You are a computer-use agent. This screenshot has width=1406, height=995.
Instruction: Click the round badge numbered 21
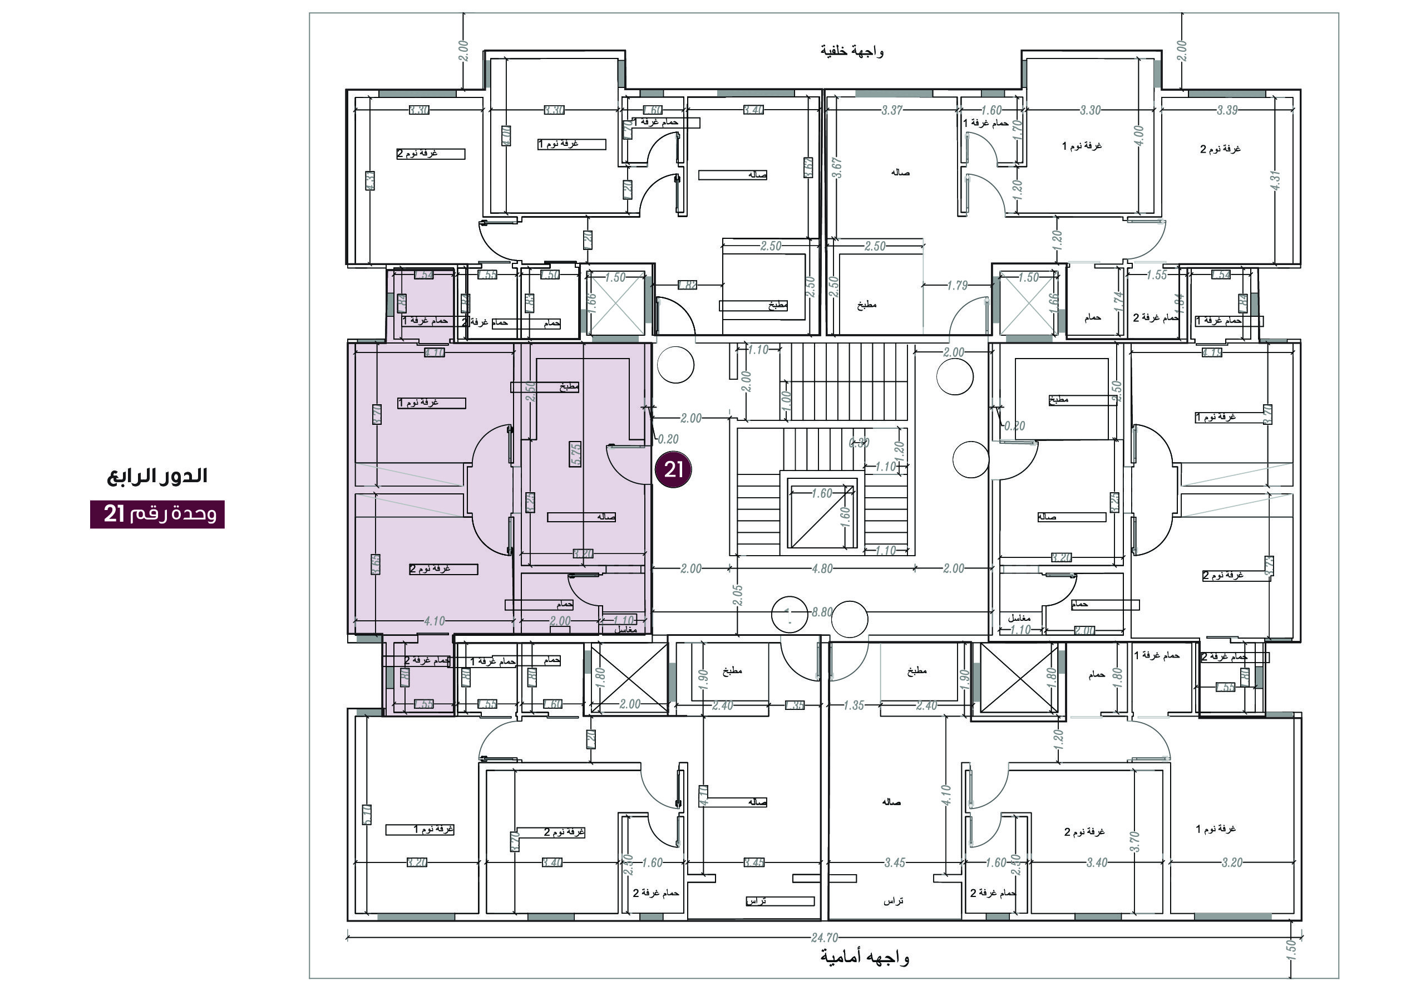tap(674, 470)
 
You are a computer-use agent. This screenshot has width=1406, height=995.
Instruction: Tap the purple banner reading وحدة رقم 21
tap(157, 514)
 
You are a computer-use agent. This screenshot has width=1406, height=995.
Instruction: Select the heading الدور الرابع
tap(157, 476)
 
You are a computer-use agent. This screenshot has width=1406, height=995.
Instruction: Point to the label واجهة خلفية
tap(852, 51)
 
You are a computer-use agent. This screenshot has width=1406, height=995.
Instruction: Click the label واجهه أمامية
tap(865, 957)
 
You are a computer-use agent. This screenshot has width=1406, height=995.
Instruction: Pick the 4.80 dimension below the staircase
tap(822, 568)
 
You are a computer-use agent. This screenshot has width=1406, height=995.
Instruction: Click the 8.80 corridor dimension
tap(822, 612)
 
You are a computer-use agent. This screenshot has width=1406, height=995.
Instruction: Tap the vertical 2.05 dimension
tap(738, 595)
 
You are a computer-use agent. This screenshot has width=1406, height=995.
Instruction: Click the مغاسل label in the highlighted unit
tap(625, 629)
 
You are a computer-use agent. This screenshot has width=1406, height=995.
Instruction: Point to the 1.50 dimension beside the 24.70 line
tap(1291, 948)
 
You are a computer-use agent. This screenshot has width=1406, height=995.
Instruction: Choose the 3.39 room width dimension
tap(1227, 110)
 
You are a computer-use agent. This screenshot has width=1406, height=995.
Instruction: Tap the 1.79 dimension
tap(957, 286)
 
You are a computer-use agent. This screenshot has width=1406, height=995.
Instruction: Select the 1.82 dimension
tap(687, 285)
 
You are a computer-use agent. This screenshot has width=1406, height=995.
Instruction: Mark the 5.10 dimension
tap(367, 814)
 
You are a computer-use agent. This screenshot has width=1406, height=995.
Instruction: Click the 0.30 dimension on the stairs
tap(859, 442)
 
